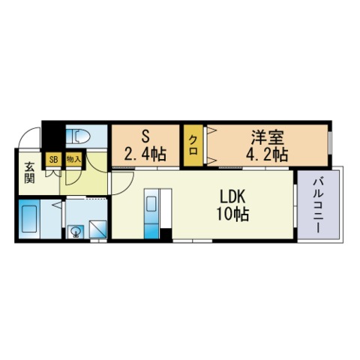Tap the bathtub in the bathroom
click(29, 219)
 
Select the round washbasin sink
click(75, 232)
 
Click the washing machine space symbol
click(98, 229)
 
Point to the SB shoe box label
click(53, 160)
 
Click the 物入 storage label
click(73, 159)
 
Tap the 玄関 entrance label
click(29, 172)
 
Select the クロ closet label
click(193, 145)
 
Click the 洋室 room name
click(268, 137)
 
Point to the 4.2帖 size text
click(267, 154)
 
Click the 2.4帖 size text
click(145, 154)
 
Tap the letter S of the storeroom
click(145, 136)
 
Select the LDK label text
click(232, 196)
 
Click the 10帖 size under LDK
click(232, 214)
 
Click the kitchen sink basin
click(151, 204)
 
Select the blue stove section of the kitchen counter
click(151, 231)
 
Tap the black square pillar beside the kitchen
click(166, 234)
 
